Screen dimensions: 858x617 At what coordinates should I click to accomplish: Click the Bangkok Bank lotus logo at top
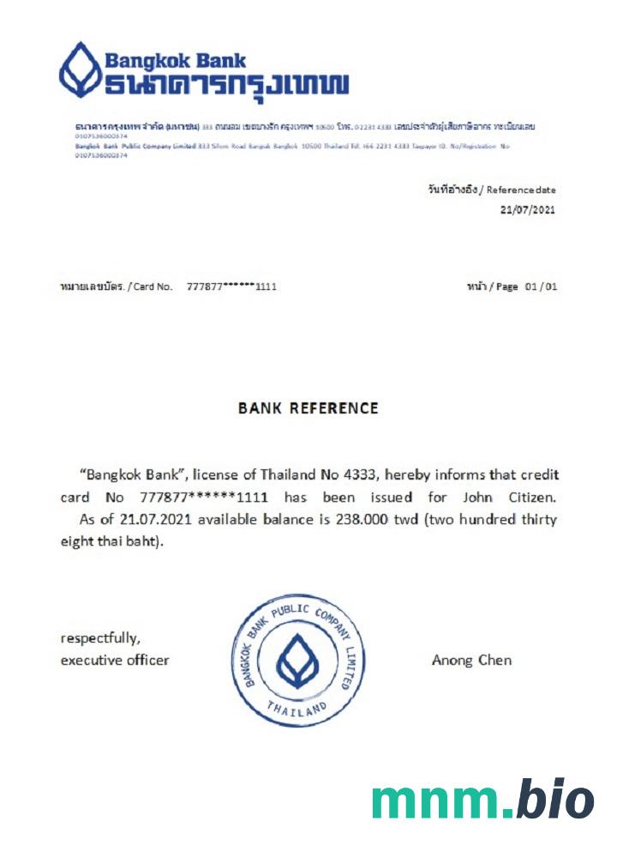79,69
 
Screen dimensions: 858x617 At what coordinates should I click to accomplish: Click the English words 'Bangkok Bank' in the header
175,61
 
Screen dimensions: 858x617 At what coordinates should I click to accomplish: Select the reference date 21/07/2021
528,208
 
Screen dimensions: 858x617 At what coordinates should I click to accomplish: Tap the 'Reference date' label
521,189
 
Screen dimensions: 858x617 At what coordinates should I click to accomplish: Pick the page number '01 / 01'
541,287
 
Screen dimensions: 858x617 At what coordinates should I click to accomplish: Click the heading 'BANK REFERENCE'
308,408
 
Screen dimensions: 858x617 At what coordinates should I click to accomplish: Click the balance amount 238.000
294,520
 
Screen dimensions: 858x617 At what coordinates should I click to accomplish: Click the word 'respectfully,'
99,638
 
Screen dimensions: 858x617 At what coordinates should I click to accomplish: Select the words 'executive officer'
114,661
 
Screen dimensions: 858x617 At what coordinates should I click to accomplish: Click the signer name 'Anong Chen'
471,661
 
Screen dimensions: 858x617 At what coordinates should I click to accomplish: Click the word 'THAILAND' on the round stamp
297,709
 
